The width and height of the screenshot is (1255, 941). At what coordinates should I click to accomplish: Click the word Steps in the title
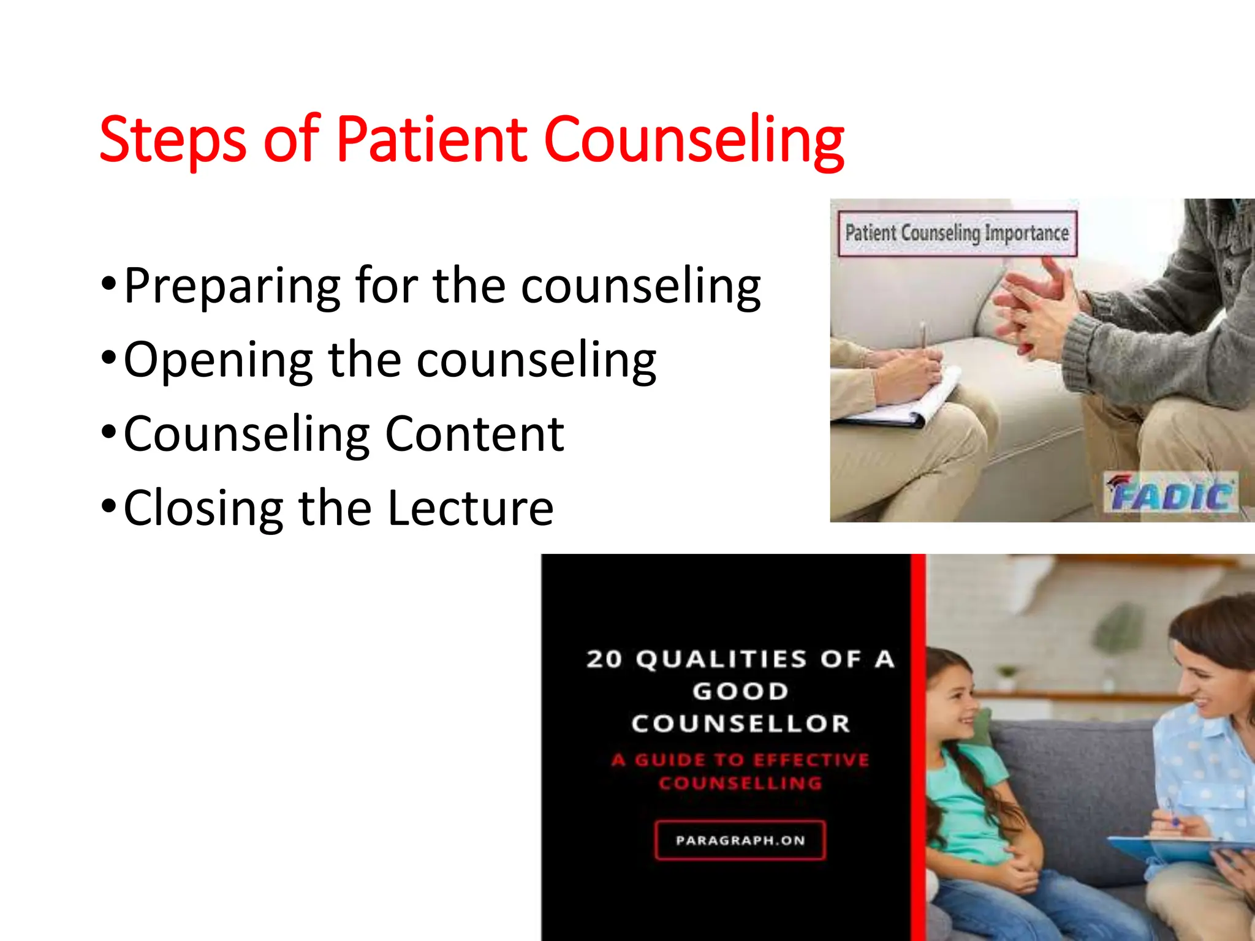tap(173, 141)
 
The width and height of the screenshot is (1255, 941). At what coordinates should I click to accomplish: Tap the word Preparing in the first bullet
tap(232, 287)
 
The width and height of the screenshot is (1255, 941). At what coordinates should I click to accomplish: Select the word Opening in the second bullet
tap(218, 361)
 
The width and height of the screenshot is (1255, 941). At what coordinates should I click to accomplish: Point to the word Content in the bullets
tap(474, 435)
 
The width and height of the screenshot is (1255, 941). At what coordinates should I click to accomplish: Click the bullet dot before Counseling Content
tap(108, 432)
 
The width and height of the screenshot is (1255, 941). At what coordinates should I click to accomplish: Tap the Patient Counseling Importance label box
tap(957, 233)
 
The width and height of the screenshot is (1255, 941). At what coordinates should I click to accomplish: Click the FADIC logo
tap(1170, 494)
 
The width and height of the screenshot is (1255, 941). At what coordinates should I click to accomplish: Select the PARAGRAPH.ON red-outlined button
tap(740, 840)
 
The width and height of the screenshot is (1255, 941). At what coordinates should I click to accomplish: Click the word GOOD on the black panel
tap(740, 692)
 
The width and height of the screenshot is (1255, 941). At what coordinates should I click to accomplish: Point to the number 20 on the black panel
tap(604, 660)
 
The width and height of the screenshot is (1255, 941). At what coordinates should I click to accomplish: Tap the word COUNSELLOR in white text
tap(740, 724)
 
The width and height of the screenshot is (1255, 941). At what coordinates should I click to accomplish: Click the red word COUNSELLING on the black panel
tap(740, 784)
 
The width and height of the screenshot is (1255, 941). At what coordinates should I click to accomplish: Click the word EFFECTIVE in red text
tap(811, 760)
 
